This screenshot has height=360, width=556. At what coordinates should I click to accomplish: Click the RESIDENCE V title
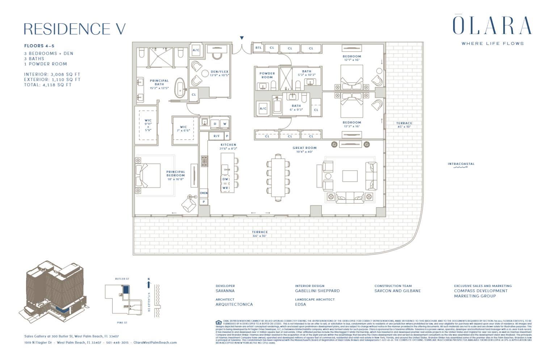tap(75, 29)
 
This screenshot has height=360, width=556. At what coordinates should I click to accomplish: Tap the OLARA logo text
tap(492, 26)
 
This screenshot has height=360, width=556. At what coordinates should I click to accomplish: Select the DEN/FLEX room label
tap(219, 72)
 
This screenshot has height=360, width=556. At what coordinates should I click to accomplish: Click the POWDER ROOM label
tap(267, 75)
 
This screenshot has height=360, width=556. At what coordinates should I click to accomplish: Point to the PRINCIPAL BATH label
tap(159, 83)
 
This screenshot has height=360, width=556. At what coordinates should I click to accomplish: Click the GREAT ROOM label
tap(304, 148)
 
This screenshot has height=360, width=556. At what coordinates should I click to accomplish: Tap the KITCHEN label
tap(228, 145)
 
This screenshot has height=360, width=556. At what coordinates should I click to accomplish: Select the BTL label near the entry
tap(258, 48)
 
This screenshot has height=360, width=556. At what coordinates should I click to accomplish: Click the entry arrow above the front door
tap(242, 38)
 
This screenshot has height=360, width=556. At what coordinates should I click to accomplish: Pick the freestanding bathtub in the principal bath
tap(180, 88)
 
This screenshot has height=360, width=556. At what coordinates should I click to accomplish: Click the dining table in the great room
tap(278, 177)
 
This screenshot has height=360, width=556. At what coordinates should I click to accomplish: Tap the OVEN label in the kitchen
tap(204, 193)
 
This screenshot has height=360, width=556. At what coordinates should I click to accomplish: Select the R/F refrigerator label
tap(216, 136)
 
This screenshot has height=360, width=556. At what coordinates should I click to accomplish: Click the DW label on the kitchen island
tap(226, 179)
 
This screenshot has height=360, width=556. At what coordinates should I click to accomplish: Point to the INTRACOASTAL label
tap(461, 164)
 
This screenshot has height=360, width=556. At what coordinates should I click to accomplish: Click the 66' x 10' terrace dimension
tap(260, 236)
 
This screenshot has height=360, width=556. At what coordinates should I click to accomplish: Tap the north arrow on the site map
tap(148, 283)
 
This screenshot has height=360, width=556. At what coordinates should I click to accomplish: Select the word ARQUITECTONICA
tap(234, 305)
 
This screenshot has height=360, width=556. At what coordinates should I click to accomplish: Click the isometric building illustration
tap(54, 292)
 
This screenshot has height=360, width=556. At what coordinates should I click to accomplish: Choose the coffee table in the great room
tap(350, 176)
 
